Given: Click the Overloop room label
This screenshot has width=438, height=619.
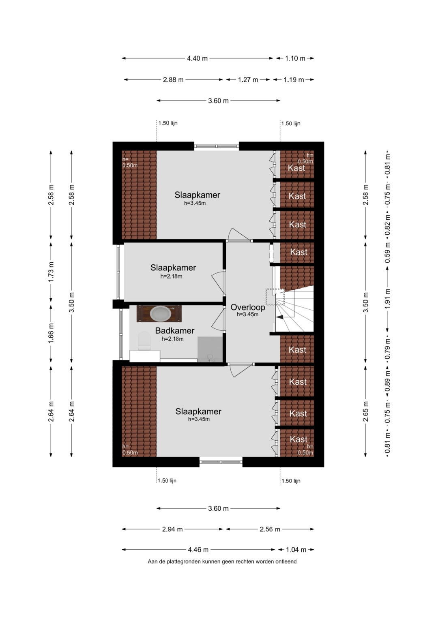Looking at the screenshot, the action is [x=248, y=307].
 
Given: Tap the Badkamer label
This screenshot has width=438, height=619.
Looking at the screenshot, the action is [x=175, y=330].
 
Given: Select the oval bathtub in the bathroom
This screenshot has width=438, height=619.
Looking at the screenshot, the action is [x=160, y=314].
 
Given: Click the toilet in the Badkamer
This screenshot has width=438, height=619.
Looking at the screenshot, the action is [x=144, y=341].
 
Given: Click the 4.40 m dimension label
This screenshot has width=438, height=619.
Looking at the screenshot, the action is [x=198, y=59].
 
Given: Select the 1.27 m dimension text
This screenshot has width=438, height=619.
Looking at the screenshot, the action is [x=248, y=80].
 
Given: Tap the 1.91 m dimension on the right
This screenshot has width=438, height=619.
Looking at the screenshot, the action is [x=388, y=299].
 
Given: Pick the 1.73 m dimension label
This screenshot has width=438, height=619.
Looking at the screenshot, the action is [x=51, y=272].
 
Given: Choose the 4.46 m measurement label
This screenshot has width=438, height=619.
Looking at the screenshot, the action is [x=198, y=550].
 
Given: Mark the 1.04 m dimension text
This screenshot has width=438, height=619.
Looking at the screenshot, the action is [x=296, y=550].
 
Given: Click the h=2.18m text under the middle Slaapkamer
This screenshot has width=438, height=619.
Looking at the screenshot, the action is [x=172, y=276].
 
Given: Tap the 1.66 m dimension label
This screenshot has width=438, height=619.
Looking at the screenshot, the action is [x=51, y=333].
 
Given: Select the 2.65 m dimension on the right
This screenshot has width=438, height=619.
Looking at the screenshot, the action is [x=366, y=411].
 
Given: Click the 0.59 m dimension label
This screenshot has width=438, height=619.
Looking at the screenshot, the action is [x=388, y=253].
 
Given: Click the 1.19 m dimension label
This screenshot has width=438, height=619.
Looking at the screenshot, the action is [x=294, y=80].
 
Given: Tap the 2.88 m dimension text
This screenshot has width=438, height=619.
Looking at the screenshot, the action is [x=173, y=80].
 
